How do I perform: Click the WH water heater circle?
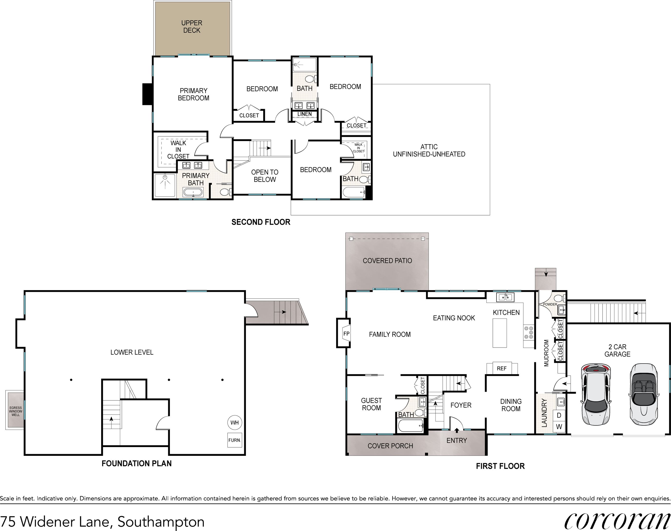(x=234, y=422)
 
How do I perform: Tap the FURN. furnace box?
(x=234, y=440)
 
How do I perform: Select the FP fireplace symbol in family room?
(x=346, y=334)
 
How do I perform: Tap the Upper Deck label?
(x=192, y=27)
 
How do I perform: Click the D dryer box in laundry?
(x=559, y=415)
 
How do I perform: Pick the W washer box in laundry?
(x=559, y=427)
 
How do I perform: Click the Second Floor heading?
(x=261, y=222)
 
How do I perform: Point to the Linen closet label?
(x=304, y=114)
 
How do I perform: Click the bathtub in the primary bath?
(x=193, y=193)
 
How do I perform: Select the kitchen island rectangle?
(x=500, y=333)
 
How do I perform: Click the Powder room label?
(x=550, y=304)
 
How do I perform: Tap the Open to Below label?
(x=264, y=176)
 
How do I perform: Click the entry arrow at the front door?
(x=457, y=430)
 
